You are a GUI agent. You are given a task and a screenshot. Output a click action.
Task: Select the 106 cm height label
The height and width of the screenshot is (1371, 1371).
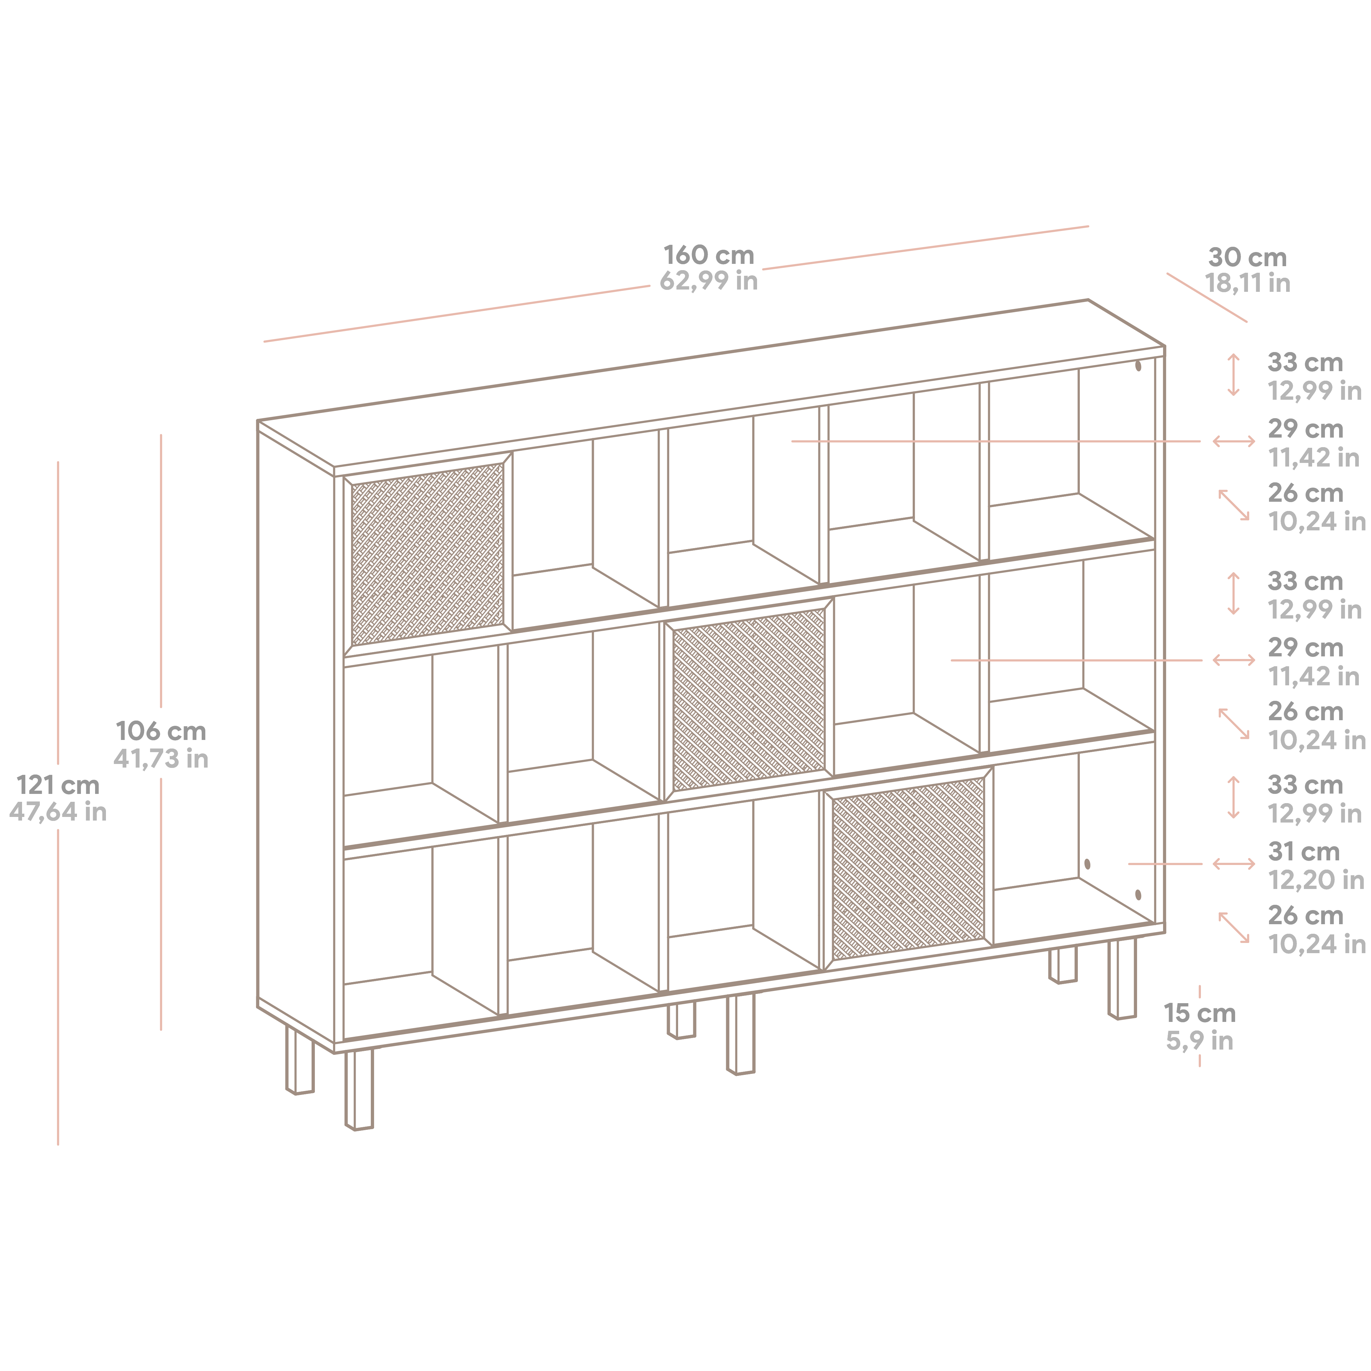tap(161, 731)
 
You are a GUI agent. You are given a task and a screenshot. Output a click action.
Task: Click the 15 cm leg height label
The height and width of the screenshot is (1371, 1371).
tap(1199, 1013)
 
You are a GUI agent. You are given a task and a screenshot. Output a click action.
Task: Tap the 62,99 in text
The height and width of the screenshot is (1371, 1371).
tap(708, 281)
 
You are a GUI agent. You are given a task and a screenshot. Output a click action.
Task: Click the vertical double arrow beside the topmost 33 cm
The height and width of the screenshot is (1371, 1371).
tap(1233, 375)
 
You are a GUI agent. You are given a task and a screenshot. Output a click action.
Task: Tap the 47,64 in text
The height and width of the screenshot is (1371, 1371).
tap(58, 812)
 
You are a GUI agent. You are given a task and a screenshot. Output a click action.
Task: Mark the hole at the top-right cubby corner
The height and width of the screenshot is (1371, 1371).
tap(1138, 366)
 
